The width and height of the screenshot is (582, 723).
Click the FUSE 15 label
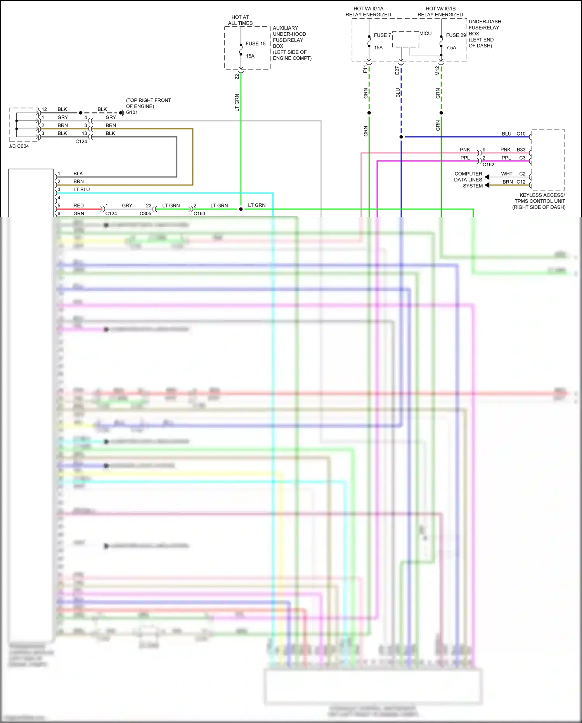pyautogui.click(x=255, y=44)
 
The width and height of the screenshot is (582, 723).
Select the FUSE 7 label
pyautogui.click(x=382, y=35)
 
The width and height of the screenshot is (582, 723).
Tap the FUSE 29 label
pyautogui.click(x=456, y=35)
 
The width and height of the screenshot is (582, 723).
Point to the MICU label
pyautogui.click(x=425, y=34)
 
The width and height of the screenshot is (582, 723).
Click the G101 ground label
pyautogui.click(x=132, y=113)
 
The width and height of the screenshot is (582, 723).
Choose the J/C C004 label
pyautogui.click(x=19, y=146)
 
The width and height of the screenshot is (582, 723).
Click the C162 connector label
pyautogui.click(x=488, y=165)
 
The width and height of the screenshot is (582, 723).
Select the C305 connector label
pyautogui.click(x=145, y=214)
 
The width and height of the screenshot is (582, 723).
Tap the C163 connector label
pyautogui.click(x=199, y=214)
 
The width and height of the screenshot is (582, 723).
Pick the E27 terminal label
pyautogui.click(x=397, y=70)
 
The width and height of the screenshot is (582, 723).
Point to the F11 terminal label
pyautogui.click(x=365, y=69)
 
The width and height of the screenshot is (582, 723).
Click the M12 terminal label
pyautogui.click(x=437, y=70)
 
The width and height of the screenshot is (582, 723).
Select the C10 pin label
pyautogui.click(x=521, y=134)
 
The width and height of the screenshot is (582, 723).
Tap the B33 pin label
pyautogui.click(x=521, y=150)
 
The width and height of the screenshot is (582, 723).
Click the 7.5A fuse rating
pyautogui.click(x=451, y=48)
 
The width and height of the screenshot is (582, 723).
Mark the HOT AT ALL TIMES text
pyautogui.click(x=240, y=20)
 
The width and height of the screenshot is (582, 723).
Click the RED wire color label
pyautogui.click(x=78, y=206)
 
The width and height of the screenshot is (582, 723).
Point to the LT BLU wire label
pyautogui.click(x=81, y=190)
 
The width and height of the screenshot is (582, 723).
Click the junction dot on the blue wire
pyautogui.click(x=401, y=137)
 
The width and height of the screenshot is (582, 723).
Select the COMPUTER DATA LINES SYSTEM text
pyautogui.click(x=468, y=180)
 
